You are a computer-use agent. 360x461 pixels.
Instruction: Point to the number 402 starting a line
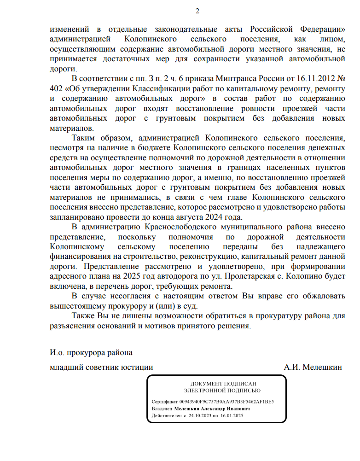pos(57,88)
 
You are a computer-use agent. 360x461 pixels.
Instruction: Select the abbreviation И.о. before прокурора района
pos(58,353)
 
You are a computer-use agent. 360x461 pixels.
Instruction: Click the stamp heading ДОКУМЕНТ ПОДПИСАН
pos(224,384)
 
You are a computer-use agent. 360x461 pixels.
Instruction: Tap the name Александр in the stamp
pos(220,408)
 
